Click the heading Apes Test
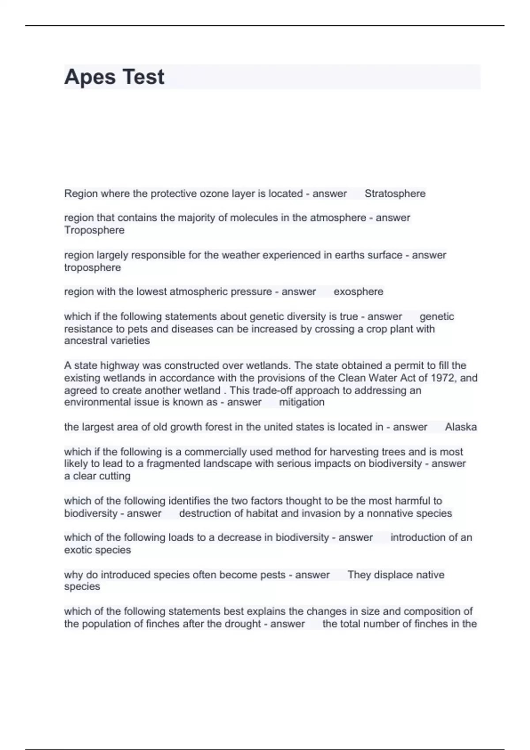(x=114, y=77)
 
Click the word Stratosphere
(x=395, y=194)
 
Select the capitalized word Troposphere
(x=94, y=230)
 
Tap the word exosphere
(x=358, y=292)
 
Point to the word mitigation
(x=302, y=402)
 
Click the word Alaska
(x=461, y=427)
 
